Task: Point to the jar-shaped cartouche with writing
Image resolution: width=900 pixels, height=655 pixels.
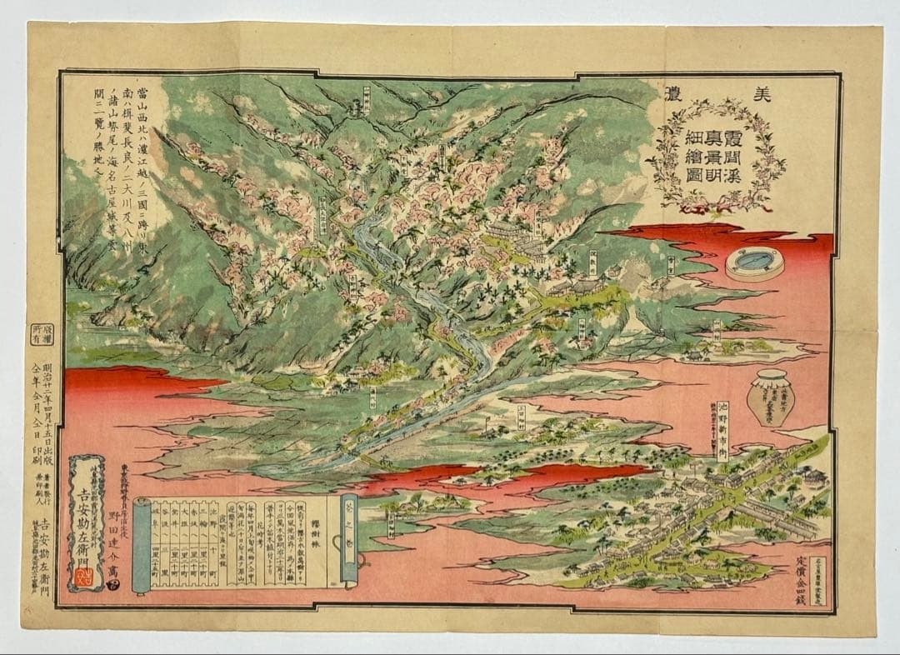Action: pyautogui.click(x=770, y=398)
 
